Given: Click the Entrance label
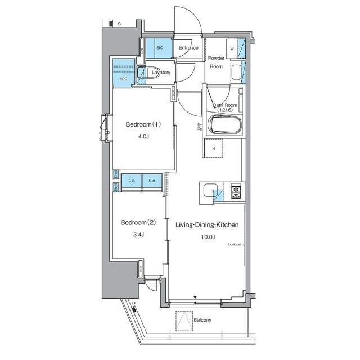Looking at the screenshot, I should click(x=188, y=48).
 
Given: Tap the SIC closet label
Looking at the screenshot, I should click(x=159, y=48).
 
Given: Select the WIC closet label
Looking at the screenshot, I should click(x=123, y=79).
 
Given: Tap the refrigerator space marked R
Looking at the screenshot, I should click(x=214, y=148).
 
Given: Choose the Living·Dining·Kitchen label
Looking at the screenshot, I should click(x=208, y=224).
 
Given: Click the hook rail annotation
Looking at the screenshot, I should click(x=235, y=245).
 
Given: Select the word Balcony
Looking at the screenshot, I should click(x=202, y=321).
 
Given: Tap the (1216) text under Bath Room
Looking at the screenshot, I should click(x=224, y=110).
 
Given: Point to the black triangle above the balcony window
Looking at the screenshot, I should click(x=195, y=297).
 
